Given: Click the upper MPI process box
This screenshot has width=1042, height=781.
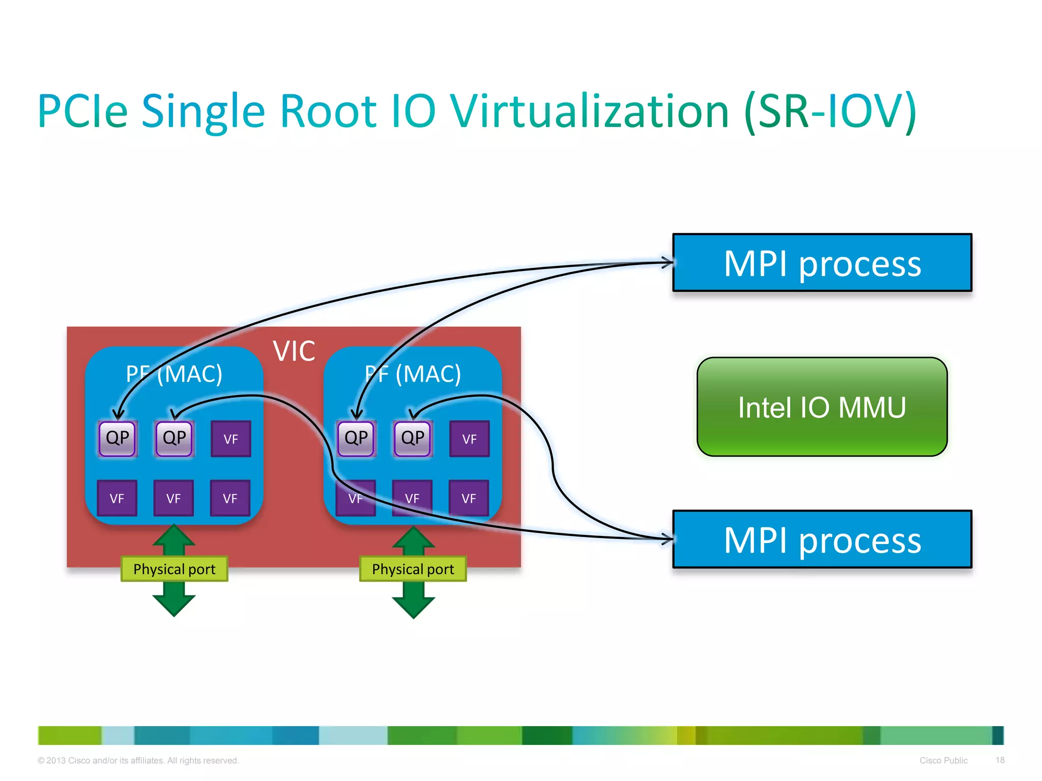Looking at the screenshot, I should click(x=822, y=263).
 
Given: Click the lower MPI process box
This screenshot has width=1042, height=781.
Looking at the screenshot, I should click(x=822, y=539).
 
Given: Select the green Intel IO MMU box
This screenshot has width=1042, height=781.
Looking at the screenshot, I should click(x=822, y=407).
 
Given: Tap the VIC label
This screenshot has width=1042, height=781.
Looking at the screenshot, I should click(x=294, y=351).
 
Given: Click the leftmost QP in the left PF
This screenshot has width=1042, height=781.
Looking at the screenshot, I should click(x=118, y=438).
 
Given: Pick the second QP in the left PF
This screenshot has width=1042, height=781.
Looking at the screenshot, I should click(x=174, y=438).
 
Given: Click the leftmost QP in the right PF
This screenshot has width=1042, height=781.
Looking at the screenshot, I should click(x=356, y=438).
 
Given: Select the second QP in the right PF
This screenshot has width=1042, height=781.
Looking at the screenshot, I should click(x=413, y=438).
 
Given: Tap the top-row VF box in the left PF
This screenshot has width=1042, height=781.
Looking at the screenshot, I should click(x=230, y=439).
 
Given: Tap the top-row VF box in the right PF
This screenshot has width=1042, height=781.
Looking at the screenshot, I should click(x=469, y=439).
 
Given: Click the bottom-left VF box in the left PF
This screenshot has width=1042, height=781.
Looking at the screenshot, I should click(x=117, y=498).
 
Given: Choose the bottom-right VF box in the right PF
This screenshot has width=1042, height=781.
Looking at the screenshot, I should click(x=469, y=498).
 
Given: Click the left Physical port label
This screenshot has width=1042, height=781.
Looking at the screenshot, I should click(x=174, y=569).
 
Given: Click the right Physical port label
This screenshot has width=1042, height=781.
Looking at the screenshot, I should click(x=413, y=569).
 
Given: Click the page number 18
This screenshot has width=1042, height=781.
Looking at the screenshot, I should click(x=1000, y=760).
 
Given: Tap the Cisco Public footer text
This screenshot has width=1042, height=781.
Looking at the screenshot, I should click(x=943, y=761).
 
